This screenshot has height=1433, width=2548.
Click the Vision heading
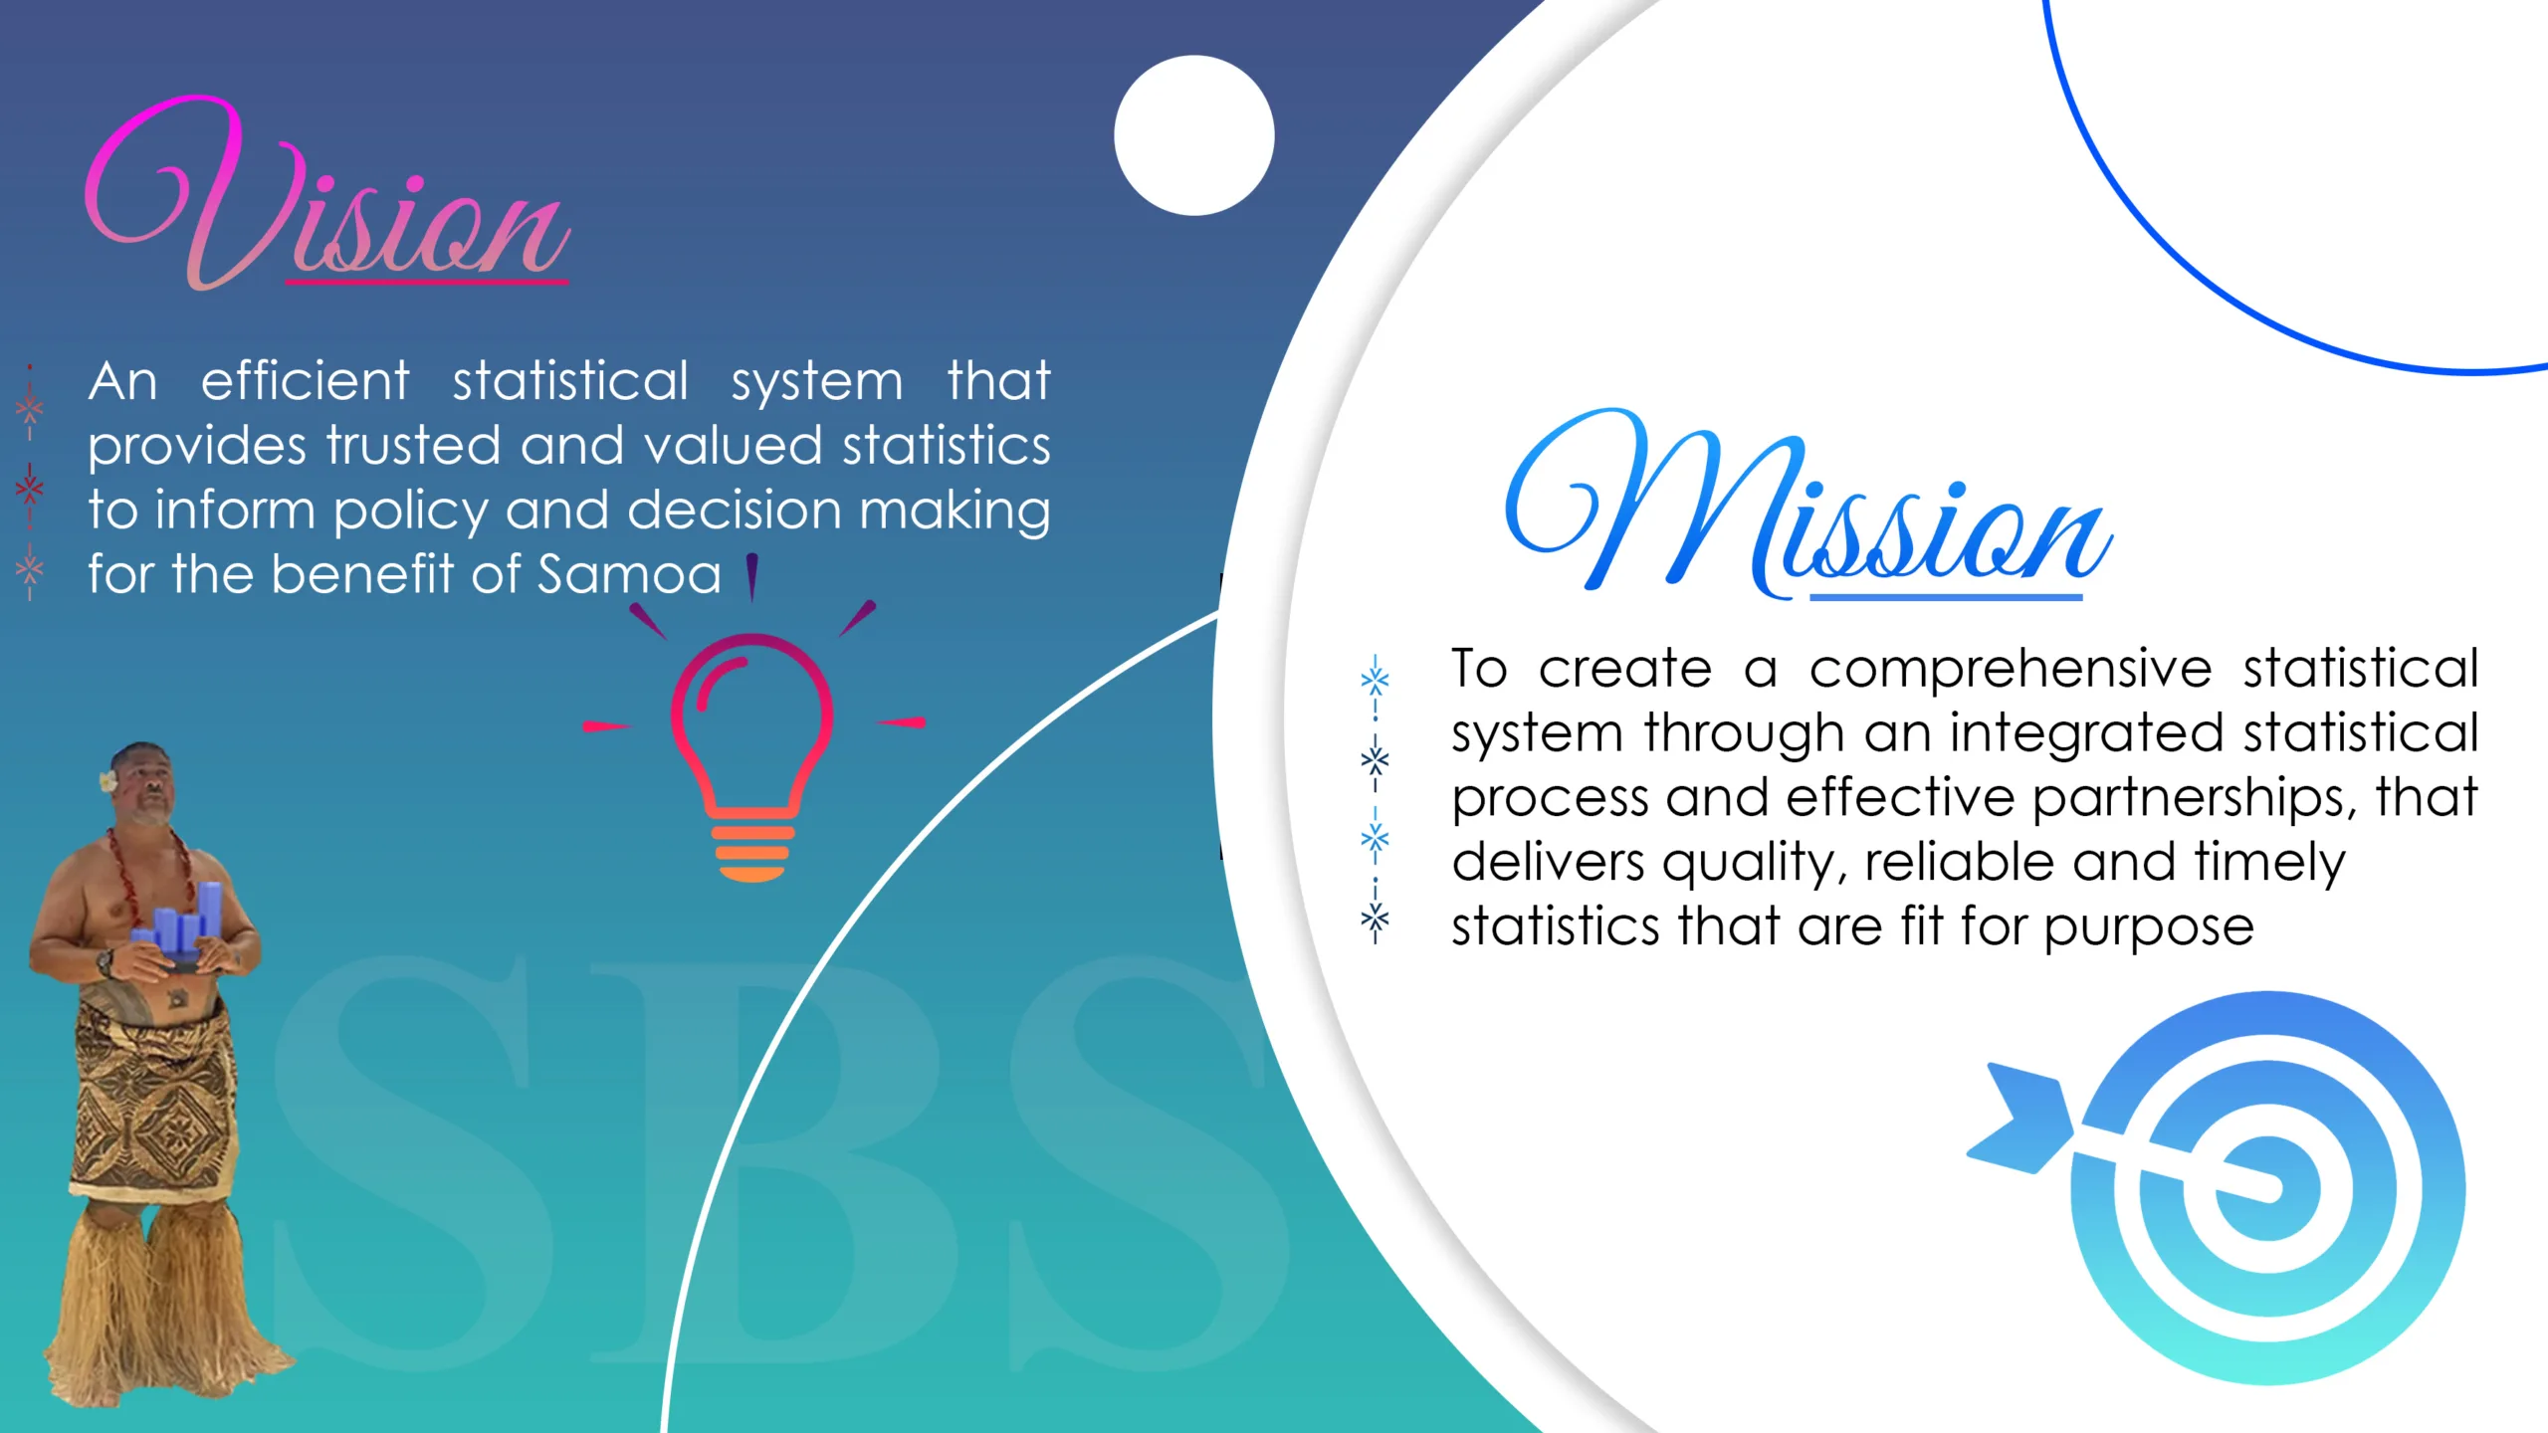tap(328, 194)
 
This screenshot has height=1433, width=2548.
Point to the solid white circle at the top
tap(1194, 135)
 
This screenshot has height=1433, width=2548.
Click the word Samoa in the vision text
tap(629, 574)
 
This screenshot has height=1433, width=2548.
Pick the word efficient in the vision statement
tap(305, 380)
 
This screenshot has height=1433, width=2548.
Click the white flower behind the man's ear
tap(107, 782)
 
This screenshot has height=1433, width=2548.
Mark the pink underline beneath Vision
tap(427, 283)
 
